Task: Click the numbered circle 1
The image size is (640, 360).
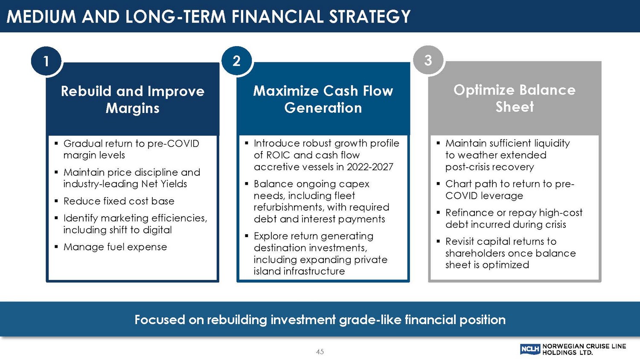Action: [46, 61]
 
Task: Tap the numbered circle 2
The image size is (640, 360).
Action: [236, 61]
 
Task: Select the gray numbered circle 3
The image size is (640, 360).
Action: [428, 60]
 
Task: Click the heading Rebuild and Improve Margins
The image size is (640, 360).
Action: [133, 99]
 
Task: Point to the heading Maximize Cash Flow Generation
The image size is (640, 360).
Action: [323, 99]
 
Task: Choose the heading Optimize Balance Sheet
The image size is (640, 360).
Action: [515, 98]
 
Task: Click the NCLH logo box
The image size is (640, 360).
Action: [530, 349]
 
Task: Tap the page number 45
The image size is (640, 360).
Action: [320, 352]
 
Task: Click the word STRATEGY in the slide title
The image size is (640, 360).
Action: [370, 16]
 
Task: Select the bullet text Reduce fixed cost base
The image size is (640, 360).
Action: [119, 201]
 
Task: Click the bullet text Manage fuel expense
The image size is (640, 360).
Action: [115, 247]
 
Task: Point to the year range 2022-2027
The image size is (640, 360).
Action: [370, 167]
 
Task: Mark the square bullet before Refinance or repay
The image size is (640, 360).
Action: [438, 212]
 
